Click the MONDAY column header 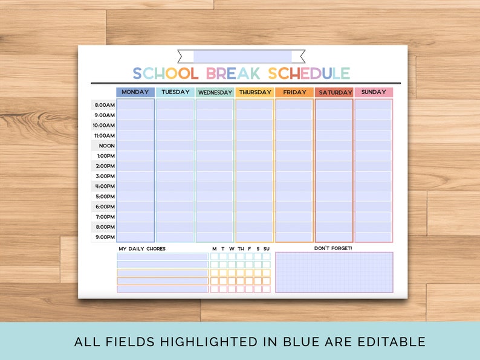[135, 92]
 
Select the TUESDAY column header [175, 92]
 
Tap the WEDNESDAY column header [215, 93]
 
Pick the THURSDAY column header [255, 92]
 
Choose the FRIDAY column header [294, 92]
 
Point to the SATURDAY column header [334, 93]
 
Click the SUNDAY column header [374, 92]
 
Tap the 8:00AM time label [104, 105]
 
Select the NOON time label [106, 146]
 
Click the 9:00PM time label [104, 237]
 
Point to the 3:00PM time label [104, 176]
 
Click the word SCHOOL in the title [166, 74]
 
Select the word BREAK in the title [233, 74]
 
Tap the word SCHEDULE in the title [309, 74]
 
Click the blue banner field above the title [242, 57]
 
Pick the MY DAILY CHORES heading [141, 249]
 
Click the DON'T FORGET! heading [332, 248]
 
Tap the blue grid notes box [334, 272]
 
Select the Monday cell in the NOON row [135, 146]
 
